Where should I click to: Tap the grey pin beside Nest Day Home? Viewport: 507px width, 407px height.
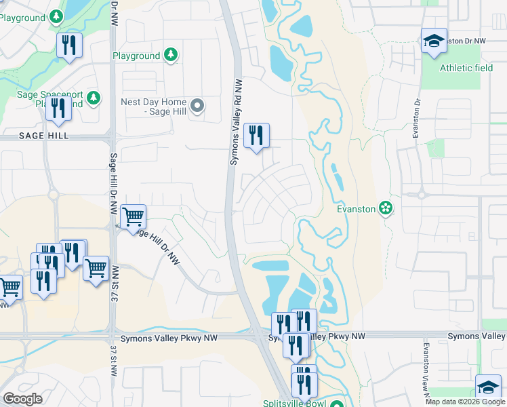tap(197, 105)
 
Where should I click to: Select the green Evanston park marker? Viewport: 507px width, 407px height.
tap(386, 208)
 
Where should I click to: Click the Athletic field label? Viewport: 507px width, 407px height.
tap(466, 68)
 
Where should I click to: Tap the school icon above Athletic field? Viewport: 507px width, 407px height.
tap(434, 41)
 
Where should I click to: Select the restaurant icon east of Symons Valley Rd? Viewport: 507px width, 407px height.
tap(256, 136)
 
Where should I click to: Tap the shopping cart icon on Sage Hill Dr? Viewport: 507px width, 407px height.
tap(134, 217)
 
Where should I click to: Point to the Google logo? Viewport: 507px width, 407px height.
tap(22, 399)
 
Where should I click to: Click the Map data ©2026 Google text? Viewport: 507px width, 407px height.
tap(465, 402)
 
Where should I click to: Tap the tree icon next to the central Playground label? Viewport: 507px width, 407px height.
tap(171, 56)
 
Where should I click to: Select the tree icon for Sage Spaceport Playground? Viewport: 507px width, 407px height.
tap(93, 99)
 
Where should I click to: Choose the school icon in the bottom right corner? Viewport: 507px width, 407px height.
tap(488, 387)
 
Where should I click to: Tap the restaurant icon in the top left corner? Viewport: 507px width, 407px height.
tap(69, 45)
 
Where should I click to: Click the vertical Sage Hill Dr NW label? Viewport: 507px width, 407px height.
tap(113, 183)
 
